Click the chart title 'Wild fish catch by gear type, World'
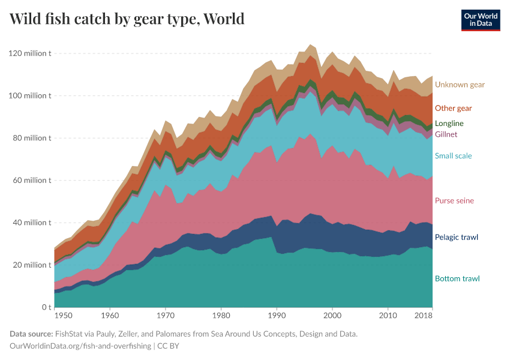pos(127,19)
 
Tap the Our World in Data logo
pos(481,19)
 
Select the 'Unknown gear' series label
pos(460,85)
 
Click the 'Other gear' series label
pos(453,108)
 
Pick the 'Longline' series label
pos(449,123)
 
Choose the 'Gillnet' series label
pos(446,134)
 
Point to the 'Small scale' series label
pos(453,155)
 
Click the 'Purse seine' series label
pos(454,200)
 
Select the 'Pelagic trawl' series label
pos(456,237)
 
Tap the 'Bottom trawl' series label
pos(457,278)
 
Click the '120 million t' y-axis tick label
pos(30,53)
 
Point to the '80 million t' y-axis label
pos(32,138)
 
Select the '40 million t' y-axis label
pos(32,223)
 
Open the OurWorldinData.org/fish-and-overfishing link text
pos(80,346)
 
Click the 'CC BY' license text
pos(169,346)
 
